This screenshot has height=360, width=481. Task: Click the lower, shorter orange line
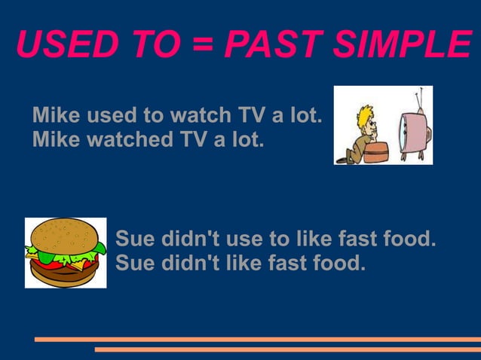(287, 349)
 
